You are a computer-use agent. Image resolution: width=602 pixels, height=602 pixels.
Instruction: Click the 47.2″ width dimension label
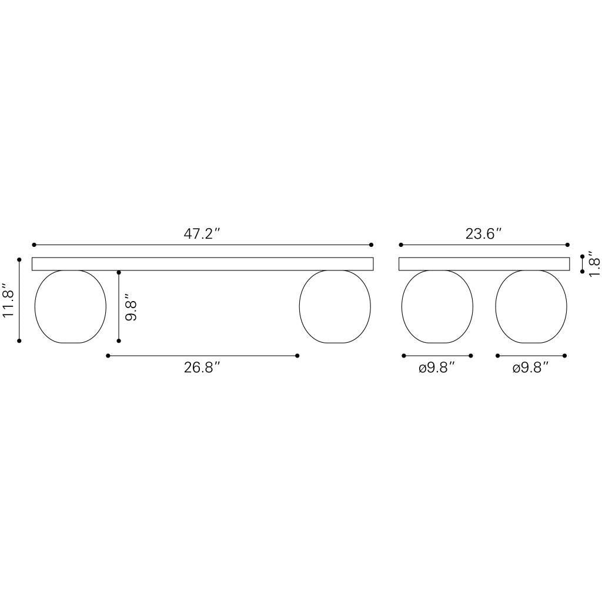coord(202,233)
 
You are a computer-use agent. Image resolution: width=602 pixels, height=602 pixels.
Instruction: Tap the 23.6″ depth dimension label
coord(483,233)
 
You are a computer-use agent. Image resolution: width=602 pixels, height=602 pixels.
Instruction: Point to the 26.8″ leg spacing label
coord(202,368)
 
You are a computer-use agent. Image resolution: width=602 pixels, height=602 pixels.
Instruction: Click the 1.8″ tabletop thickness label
coord(594,264)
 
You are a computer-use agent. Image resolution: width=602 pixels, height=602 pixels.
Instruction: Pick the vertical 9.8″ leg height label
coord(131,306)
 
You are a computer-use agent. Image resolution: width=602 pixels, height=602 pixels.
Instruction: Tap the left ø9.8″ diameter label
coord(437,368)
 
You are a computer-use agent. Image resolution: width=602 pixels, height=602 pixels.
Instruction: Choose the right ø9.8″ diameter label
coord(530,368)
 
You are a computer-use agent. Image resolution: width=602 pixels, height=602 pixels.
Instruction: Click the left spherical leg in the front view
coord(71,306)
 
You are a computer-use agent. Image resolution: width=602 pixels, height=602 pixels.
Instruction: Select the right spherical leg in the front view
coord(335,306)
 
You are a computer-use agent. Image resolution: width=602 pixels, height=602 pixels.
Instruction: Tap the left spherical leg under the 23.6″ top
coord(437,306)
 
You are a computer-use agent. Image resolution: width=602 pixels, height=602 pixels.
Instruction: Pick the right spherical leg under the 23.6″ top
coord(531,306)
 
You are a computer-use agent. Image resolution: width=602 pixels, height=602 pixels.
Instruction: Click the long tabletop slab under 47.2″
coord(202,264)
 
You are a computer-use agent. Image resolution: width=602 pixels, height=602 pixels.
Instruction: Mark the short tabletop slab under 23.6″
coord(484,264)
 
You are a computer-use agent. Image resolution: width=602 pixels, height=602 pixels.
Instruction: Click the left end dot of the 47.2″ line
coord(34,245)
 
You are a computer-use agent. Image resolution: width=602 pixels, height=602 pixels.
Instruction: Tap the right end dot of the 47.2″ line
coord(371,245)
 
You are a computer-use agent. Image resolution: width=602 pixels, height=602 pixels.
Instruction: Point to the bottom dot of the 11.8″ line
coord(19,340)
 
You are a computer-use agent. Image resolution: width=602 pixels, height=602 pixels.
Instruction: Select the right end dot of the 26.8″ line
coord(297,356)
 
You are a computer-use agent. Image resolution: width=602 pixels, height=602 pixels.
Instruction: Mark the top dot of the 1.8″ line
coord(582,256)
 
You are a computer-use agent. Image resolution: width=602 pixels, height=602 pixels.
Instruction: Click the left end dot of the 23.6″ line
coord(401,245)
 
